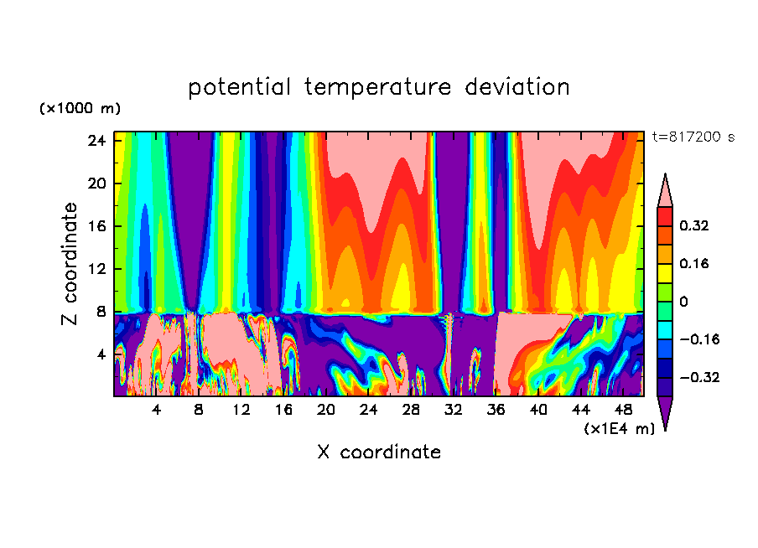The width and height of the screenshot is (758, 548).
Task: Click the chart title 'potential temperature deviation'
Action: tap(378, 87)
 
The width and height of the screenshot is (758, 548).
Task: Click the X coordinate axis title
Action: tap(378, 452)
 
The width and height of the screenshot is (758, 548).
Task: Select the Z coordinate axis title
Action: tap(70, 264)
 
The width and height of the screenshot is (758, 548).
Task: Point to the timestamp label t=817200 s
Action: tap(693, 137)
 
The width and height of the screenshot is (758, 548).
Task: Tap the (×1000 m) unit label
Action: tap(80, 109)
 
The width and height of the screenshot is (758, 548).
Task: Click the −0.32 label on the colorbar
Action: tap(693, 377)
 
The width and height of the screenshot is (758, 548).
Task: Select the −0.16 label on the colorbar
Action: tap(693, 339)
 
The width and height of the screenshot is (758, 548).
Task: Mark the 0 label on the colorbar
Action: tap(683, 302)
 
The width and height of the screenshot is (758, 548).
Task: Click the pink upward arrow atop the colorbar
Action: tap(664, 190)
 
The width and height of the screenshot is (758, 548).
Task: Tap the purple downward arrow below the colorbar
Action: tap(664, 413)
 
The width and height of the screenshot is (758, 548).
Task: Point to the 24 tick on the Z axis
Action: tap(96, 141)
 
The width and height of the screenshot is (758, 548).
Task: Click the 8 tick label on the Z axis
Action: tap(101, 312)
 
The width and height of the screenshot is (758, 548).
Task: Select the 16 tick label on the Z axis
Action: tap(96, 226)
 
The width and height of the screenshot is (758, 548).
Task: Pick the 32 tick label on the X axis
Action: tap(454, 411)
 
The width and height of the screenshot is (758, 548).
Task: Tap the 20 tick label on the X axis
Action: tap(326, 411)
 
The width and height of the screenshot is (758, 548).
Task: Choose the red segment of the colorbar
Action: tap(664, 216)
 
